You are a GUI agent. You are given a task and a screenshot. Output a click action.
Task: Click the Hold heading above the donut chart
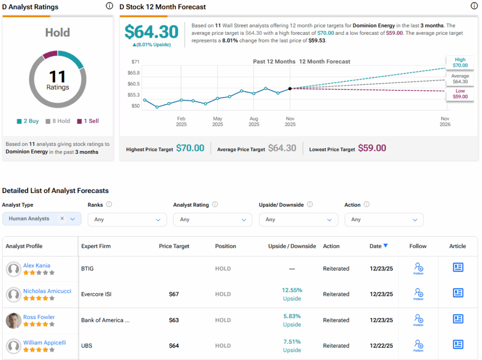pos(57,32)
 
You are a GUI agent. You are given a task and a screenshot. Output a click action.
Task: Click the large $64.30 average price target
pos(152,32)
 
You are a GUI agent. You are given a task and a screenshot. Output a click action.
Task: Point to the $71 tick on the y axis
pos(136,62)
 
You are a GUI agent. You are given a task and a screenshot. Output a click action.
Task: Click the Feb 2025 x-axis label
pos(181,121)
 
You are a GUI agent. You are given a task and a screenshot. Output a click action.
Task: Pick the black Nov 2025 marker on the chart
pos(290,88)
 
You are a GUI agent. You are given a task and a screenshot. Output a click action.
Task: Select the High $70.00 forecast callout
pos(460,63)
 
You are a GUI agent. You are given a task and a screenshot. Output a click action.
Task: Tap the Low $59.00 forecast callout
pos(460,94)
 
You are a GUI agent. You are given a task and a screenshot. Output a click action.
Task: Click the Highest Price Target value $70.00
pos(190,148)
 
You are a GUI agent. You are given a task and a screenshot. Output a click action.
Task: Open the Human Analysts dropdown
pos(42,219)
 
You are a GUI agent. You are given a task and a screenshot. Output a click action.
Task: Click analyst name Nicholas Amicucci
pos(47,291)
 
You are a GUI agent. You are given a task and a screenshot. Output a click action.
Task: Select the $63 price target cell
pos(174,320)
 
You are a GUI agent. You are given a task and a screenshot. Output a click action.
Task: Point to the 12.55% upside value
pos(292,290)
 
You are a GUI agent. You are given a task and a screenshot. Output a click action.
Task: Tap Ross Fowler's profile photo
pos(13,320)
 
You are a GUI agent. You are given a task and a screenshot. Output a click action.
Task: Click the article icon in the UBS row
pos(458,344)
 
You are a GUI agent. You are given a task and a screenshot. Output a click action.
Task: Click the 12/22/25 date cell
pos(381,345)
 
